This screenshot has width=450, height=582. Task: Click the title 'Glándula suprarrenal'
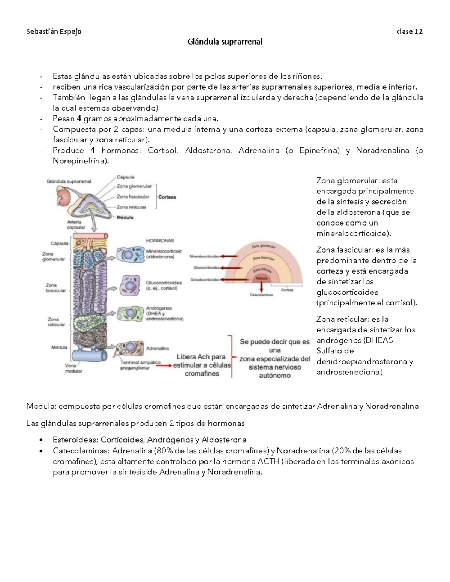click(x=225, y=42)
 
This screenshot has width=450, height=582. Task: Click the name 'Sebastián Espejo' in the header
click(x=54, y=31)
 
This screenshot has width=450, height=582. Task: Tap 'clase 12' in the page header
click(x=409, y=31)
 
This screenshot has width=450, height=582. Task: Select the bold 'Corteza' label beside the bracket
click(x=167, y=197)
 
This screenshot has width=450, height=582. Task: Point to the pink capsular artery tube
click(x=91, y=236)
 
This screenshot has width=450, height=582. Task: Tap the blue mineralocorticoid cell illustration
click(x=129, y=254)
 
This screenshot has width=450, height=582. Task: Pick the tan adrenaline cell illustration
click(x=129, y=348)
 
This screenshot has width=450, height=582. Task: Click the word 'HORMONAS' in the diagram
click(x=160, y=241)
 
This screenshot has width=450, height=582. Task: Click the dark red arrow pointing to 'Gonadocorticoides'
click(x=228, y=280)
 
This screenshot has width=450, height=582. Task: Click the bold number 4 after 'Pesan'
click(x=79, y=119)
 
